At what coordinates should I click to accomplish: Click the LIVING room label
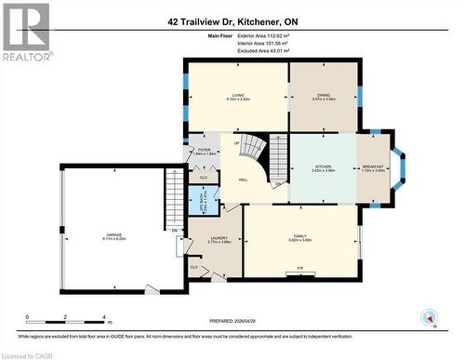point(237,96)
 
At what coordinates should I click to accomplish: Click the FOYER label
point(204,150)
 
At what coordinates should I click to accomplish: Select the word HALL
point(243,180)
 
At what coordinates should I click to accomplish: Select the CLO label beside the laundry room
point(193,268)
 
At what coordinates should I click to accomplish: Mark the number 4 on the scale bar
point(103,317)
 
